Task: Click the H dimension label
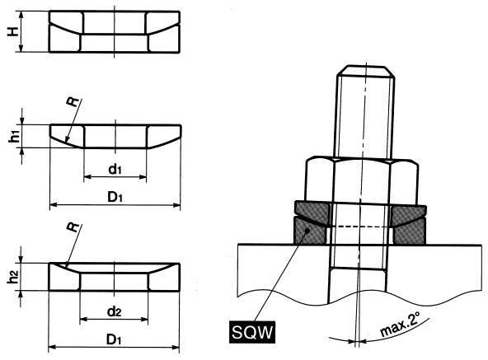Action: (x=13, y=31)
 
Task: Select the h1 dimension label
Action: (x=14, y=137)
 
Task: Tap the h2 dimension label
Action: (x=13, y=278)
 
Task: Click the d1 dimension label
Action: (x=115, y=170)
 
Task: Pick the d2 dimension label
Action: (x=114, y=311)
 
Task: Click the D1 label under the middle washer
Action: (x=115, y=197)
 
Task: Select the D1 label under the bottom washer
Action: (x=114, y=339)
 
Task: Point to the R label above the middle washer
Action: (x=73, y=102)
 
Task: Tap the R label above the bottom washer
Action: (x=73, y=227)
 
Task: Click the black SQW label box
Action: (x=252, y=332)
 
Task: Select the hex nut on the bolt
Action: (x=362, y=180)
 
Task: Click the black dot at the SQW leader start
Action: (x=307, y=231)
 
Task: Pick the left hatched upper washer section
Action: (x=312, y=213)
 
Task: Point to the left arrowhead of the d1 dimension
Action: (x=87, y=177)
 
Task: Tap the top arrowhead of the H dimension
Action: (x=21, y=15)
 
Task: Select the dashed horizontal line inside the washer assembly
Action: (x=361, y=227)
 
